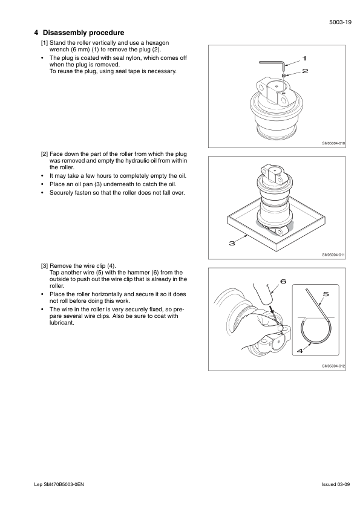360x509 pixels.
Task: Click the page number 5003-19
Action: click(x=340, y=22)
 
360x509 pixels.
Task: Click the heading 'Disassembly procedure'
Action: click(x=83, y=33)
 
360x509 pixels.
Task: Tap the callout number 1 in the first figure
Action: click(x=304, y=59)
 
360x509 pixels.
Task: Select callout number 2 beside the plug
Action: click(x=305, y=71)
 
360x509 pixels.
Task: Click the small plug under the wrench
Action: click(x=284, y=76)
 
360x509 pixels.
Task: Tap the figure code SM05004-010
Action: click(x=334, y=143)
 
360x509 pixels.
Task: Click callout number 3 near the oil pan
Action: click(x=232, y=243)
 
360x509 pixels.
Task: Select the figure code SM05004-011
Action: click(x=334, y=255)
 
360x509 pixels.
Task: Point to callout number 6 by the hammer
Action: click(x=283, y=281)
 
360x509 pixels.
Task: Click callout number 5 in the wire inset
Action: click(x=326, y=294)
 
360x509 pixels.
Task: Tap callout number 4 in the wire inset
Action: click(x=300, y=351)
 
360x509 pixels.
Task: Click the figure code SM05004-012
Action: click(x=334, y=366)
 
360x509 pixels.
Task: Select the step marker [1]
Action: click(x=45, y=43)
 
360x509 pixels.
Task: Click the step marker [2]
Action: click(x=45, y=154)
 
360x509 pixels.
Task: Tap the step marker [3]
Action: click(x=45, y=266)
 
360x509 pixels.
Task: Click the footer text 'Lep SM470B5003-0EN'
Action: click(x=59, y=484)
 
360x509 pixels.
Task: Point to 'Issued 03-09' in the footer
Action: click(x=336, y=484)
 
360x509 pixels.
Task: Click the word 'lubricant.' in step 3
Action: click(x=62, y=323)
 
